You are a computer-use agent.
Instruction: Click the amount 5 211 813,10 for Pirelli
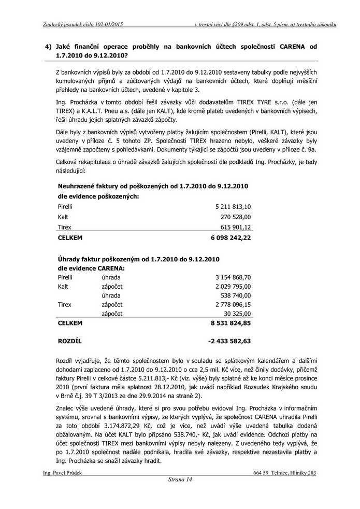coord(233,206)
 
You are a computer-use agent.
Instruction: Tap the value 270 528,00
coord(236,217)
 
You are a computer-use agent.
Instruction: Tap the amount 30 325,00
coord(238,314)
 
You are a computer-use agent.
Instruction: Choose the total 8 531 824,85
coord(231,323)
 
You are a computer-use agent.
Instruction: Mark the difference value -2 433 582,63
coord(229,341)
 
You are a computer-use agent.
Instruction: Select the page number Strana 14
coord(180,480)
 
